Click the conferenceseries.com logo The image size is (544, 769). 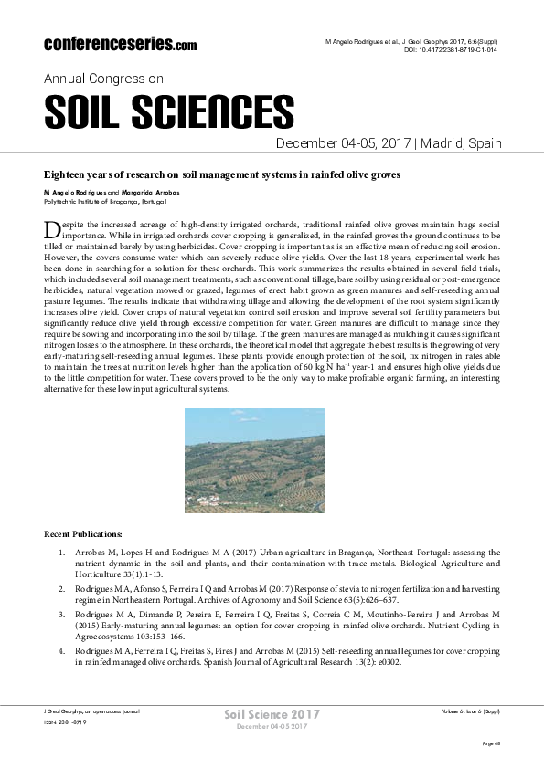(x=120, y=44)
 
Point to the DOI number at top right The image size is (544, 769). (x=451, y=50)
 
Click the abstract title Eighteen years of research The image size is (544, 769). (x=222, y=174)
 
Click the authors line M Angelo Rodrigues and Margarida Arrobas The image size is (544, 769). (x=112, y=193)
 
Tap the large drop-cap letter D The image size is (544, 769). (x=52, y=230)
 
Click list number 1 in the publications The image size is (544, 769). (x=62, y=553)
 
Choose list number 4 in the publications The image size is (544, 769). (x=62, y=650)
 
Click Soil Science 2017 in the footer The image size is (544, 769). (x=272, y=713)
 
